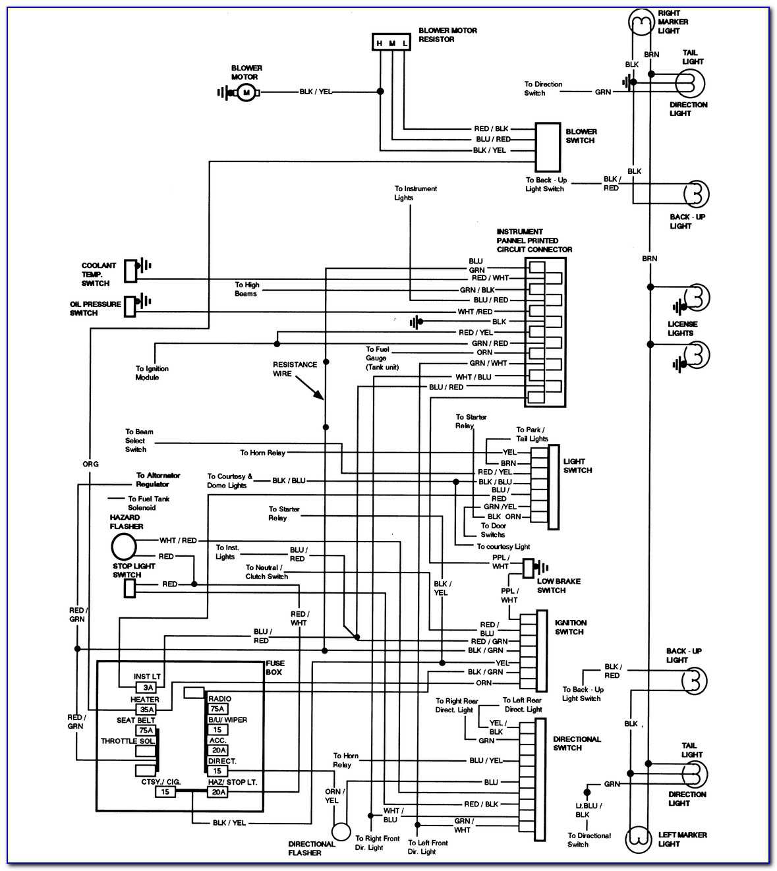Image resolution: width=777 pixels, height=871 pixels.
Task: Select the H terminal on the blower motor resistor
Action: tap(380, 43)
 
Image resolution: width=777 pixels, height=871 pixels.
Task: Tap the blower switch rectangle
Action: tap(548, 146)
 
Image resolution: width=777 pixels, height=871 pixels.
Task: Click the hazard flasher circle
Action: tap(123, 546)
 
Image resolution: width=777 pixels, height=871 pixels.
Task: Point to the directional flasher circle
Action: tap(341, 832)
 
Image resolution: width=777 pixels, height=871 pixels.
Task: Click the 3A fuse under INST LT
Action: tap(148, 687)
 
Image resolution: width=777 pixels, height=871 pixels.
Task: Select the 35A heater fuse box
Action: tap(146, 710)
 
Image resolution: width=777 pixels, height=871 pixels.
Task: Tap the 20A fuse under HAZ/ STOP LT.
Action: tap(218, 792)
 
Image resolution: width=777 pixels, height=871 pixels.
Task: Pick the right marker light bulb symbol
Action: tap(639, 24)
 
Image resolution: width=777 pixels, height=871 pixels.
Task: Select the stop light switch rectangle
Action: tap(130, 588)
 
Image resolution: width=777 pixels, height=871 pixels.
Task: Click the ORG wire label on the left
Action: tap(90, 464)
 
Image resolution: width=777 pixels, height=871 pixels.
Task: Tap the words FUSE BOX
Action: tap(274, 667)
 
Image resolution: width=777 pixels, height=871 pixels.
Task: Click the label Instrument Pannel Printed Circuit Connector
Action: tap(534, 240)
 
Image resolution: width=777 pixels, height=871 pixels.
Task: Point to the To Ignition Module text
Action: tap(152, 373)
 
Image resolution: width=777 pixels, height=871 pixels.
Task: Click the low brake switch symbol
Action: tap(529, 567)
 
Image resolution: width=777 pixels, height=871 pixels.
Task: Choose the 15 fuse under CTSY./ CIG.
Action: tap(165, 792)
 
